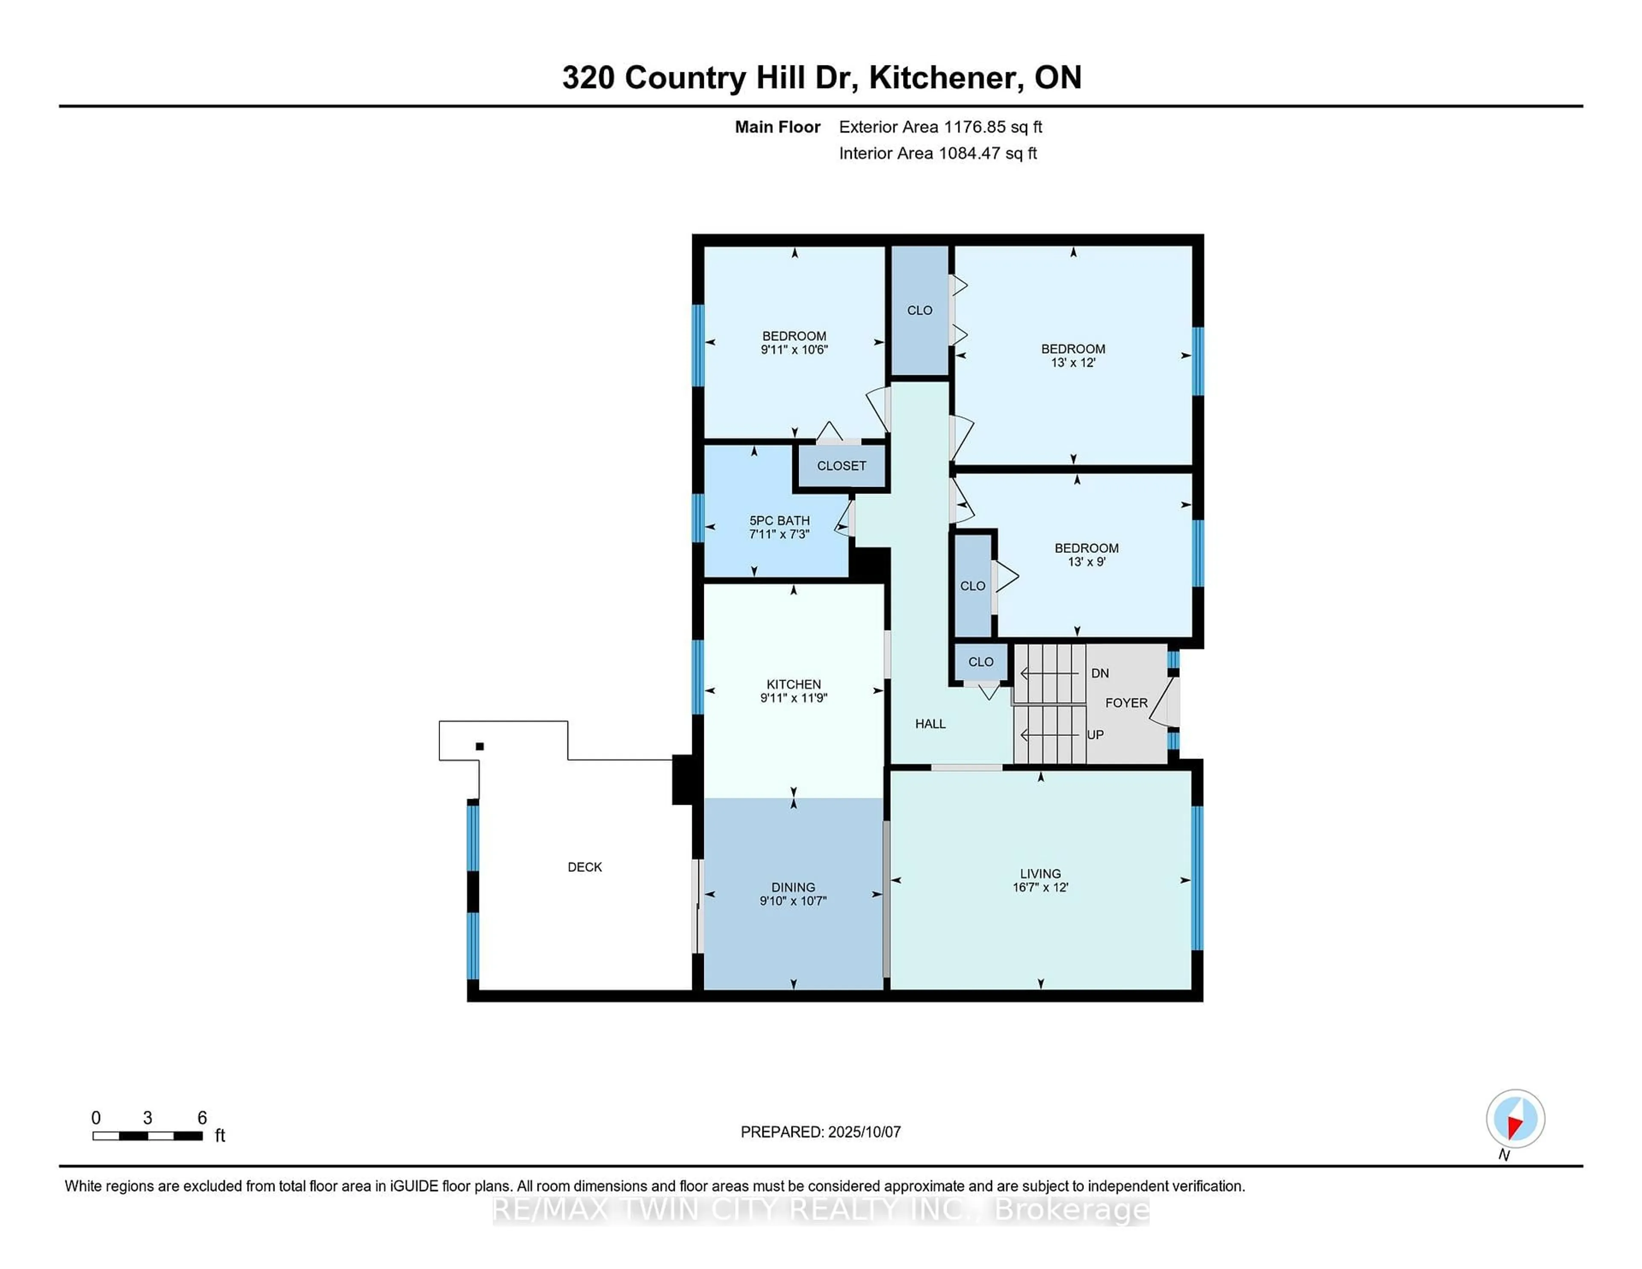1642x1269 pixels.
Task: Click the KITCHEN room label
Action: [793, 683]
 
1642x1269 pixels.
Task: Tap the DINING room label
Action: [792, 887]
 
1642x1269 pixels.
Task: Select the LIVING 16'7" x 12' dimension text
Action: [1040, 887]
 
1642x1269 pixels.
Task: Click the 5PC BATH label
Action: [779, 520]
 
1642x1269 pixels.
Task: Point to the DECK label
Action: [584, 867]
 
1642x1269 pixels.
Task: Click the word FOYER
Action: [1125, 702]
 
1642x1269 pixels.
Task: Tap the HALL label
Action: [930, 723]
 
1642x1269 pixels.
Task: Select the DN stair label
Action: [1099, 673]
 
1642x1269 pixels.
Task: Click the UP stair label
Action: [1095, 735]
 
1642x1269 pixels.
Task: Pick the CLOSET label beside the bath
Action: [841, 465]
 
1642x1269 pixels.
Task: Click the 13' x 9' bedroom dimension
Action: [1086, 561]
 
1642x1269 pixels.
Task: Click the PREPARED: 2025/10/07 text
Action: [820, 1131]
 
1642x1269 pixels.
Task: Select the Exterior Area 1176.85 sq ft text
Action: [940, 127]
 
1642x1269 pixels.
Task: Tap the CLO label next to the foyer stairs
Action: [980, 661]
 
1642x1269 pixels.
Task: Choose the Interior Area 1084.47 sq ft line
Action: [938, 153]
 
